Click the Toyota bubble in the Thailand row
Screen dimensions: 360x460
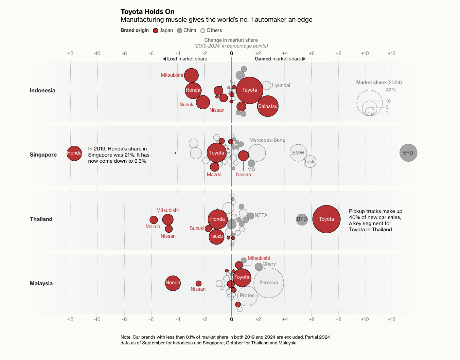pos(326,219)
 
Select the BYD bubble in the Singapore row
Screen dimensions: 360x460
pos(408,153)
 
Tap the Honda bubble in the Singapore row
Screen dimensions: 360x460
pos(74,153)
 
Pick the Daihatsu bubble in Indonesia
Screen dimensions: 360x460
pos(268,106)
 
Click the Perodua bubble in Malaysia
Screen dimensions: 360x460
pos(268,283)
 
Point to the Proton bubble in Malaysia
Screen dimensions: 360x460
pos(247,296)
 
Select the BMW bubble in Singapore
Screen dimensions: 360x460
pos(298,153)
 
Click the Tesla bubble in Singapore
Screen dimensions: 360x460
pos(310,162)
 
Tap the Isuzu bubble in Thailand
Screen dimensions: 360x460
pos(216,236)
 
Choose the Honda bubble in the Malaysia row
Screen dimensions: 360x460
pos(173,283)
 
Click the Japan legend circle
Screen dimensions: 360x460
pos(156,31)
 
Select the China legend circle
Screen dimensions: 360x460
pos(180,31)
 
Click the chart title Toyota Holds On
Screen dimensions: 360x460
pos(147,12)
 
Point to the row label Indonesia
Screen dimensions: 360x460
pos(42,90)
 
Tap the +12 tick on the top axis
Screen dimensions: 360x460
pos(391,53)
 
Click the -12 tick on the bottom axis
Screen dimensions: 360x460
pos(70,319)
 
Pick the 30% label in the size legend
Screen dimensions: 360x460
pos(391,90)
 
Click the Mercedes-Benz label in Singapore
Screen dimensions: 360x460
pos(267,140)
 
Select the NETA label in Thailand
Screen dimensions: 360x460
pos(261,215)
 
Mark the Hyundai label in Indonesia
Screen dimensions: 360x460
pos(281,85)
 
